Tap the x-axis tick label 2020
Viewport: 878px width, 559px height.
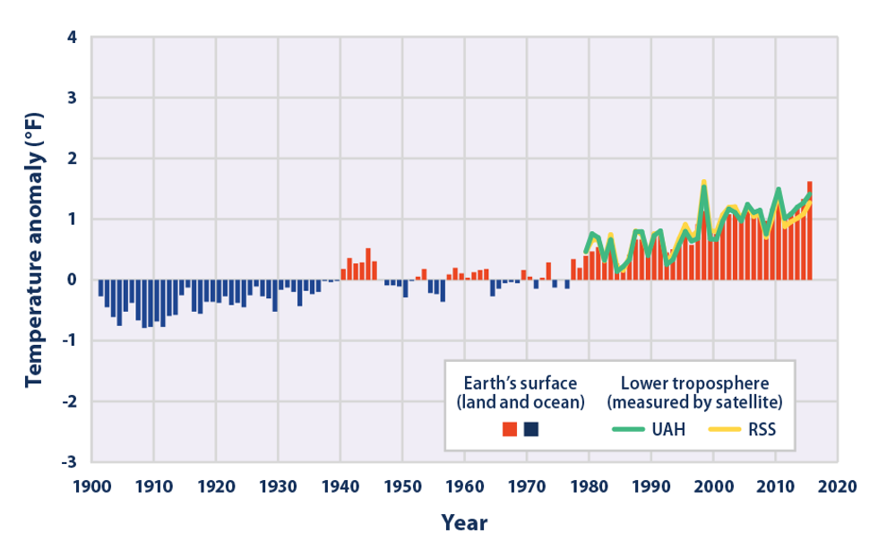[839, 488]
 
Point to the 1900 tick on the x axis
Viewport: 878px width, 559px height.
[92, 488]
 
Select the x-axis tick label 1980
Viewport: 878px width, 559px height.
[590, 488]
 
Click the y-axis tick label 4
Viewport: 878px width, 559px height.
[72, 39]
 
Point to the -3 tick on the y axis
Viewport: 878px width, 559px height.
[68, 462]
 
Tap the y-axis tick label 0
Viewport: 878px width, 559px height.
[72, 280]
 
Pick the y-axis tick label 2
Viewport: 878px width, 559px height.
[72, 159]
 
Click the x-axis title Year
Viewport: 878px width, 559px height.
[464, 523]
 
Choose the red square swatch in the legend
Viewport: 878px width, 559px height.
[510, 429]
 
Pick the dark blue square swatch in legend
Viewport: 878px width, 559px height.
[531, 429]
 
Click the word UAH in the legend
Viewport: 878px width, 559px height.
[670, 429]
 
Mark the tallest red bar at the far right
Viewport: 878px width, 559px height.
[810, 231]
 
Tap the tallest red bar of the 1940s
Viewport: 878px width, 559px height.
[368, 264]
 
